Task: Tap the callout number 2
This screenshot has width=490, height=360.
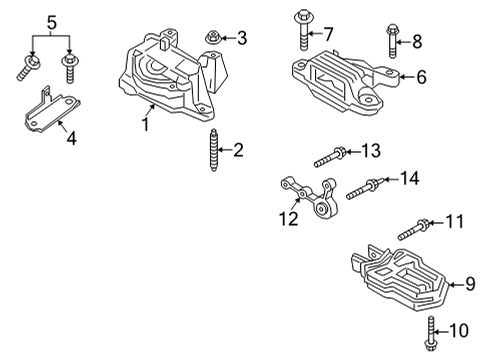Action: [x=237, y=150]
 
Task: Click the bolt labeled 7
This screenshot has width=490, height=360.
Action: [x=300, y=25]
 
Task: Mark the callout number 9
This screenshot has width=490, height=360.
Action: [x=470, y=284]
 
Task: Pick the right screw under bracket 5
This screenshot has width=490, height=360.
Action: [x=70, y=66]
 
